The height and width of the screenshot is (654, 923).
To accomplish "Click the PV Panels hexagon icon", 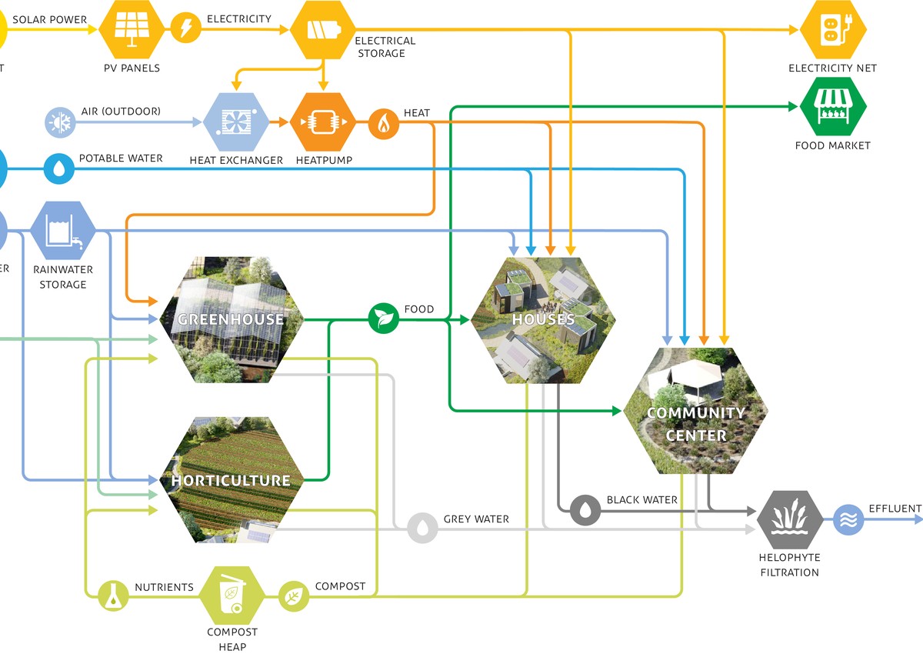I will point(132,29).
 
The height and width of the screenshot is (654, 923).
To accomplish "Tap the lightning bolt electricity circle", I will point(185,29).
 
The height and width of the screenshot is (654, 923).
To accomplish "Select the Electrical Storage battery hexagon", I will point(323,29).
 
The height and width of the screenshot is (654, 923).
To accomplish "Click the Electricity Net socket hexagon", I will point(833,29).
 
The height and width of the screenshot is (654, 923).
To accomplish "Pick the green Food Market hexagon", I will point(833,106).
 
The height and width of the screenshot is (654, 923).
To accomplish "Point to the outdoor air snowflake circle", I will point(59,122).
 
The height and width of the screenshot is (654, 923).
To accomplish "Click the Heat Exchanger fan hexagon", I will point(235,122).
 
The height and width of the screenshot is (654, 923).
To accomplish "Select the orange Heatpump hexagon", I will point(323,122).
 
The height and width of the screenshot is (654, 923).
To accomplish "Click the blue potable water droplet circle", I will point(59,169).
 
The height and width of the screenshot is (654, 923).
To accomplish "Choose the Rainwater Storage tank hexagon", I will point(63,229).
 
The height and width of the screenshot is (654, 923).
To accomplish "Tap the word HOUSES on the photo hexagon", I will point(544,319).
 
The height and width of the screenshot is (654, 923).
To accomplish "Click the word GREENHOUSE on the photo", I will point(231,319).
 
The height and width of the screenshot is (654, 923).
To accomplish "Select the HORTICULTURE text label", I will point(231,481).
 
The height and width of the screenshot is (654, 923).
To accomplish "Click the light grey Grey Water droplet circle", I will point(422,528).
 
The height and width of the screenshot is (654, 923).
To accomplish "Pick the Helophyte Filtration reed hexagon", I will point(789,519).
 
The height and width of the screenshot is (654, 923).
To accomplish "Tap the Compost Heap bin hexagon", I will point(232,596).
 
